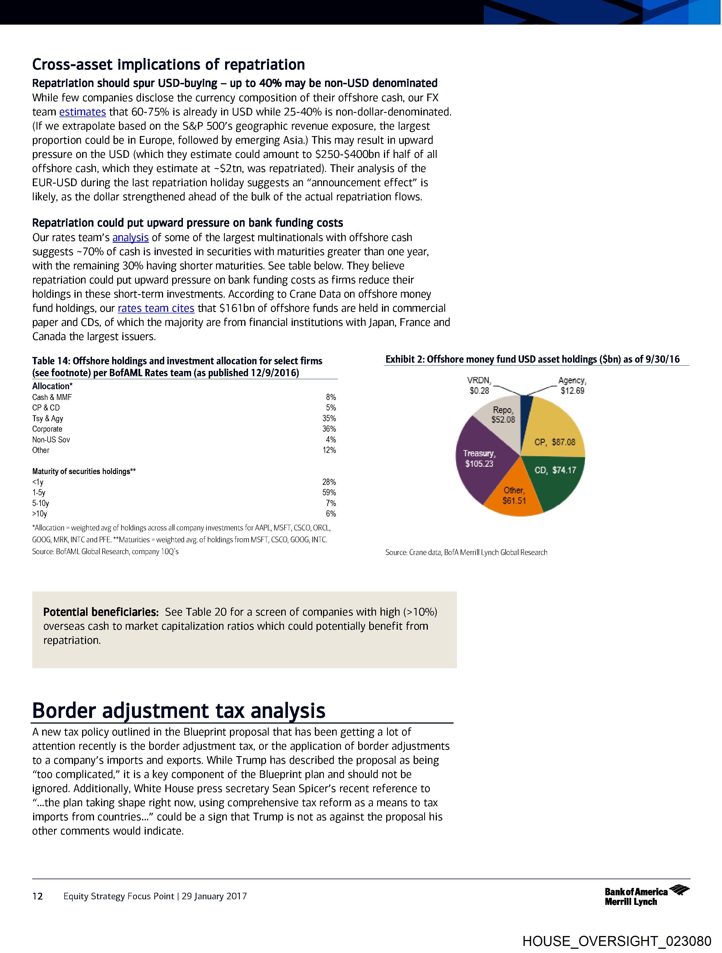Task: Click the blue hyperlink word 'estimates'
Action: (x=82, y=112)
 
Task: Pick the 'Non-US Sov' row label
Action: (x=51, y=440)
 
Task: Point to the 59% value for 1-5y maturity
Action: (x=329, y=492)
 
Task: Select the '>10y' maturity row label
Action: (x=40, y=513)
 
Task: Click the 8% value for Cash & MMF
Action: (x=331, y=397)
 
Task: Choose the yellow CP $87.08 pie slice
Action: (x=554, y=435)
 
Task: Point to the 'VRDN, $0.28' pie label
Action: (x=479, y=385)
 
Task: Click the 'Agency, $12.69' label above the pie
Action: (x=572, y=385)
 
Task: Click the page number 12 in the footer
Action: (x=38, y=896)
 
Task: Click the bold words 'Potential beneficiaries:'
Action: (x=101, y=612)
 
